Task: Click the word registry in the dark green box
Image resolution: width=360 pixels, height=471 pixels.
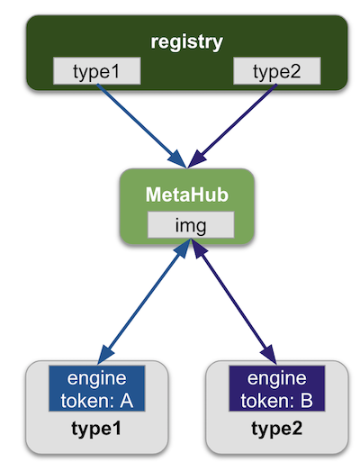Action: (x=187, y=42)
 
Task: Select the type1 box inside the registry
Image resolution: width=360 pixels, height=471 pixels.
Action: (x=96, y=71)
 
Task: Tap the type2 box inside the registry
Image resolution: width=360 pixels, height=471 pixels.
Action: (x=277, y=71)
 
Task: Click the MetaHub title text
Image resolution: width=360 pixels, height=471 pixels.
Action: (x=187, y=195)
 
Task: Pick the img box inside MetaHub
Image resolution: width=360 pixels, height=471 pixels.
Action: (x=191, y=225)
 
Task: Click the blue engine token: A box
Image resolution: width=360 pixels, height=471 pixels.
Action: (x=96, y=388)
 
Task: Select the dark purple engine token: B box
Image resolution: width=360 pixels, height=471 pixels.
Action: (x=277, y=388)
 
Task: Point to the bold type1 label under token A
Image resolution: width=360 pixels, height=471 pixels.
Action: (x=96, y=429)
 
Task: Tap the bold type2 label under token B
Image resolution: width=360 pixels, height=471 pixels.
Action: (x=277, y=429)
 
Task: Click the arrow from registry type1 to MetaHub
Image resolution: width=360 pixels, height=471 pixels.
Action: (x=141, y=126)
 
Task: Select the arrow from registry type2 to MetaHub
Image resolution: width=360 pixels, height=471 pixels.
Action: (x=232, y=126)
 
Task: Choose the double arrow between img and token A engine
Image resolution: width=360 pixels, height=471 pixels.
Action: (x=144, y=302)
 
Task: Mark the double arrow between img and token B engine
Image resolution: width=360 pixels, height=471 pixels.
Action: (x=234, y=302)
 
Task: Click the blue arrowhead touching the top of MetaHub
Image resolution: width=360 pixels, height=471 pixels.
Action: (x=177, y=159)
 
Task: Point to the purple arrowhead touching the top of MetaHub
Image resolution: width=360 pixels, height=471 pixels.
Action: (x=197, y=159)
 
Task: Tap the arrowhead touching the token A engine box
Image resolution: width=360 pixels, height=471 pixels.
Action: (x=104, y=355)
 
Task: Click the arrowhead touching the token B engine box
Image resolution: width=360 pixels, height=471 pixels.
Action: (x=270, y=355)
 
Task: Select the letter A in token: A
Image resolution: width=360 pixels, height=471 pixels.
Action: (x=126, y=401)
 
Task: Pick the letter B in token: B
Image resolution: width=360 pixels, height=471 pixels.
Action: (x=306, y=401)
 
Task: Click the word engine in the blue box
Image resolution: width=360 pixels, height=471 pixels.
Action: (x=96, y=379)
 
